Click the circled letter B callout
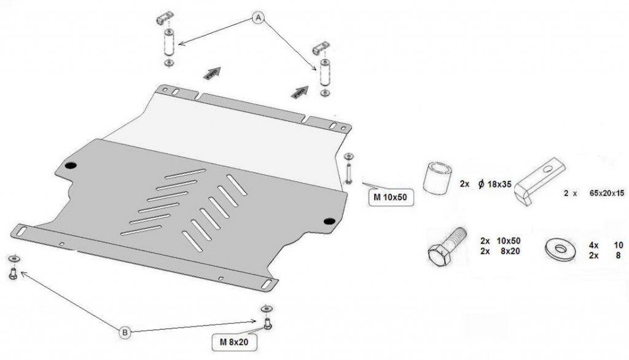125,332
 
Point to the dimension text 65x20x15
606,193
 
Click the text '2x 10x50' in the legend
500,240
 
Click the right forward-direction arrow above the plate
299,93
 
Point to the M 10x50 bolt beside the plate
349,173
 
